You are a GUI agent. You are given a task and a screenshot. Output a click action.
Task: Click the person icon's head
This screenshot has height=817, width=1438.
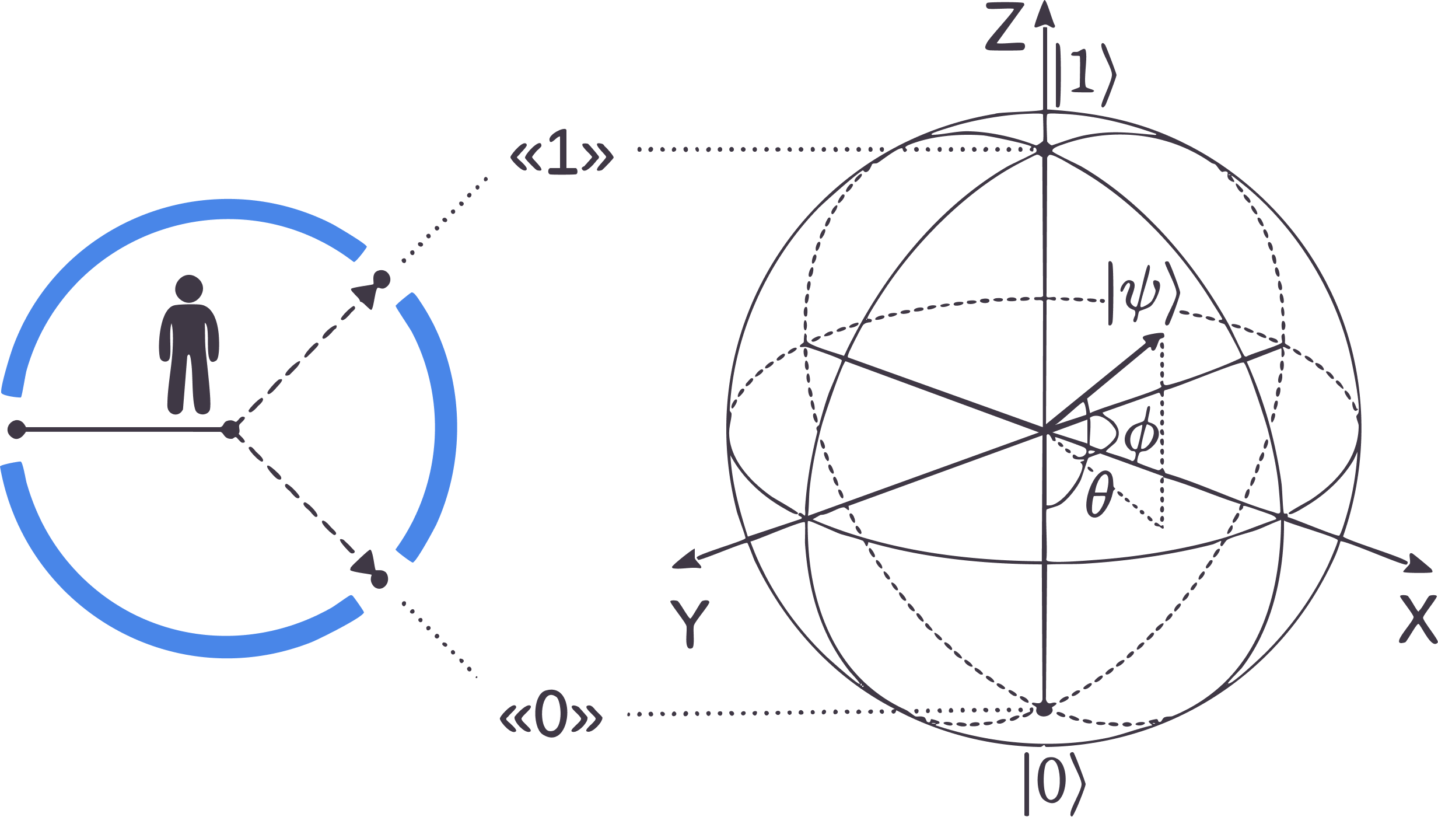click(189, 288)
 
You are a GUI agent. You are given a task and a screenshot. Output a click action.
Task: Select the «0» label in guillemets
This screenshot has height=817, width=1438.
click(551, 715)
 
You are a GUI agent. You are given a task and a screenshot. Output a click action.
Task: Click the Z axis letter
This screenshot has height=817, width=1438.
click(1005, 28)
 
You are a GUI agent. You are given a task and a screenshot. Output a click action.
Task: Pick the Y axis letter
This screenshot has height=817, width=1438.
click(690, 623)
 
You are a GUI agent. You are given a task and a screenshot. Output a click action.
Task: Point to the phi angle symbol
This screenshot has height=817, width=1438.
click(1141, 435)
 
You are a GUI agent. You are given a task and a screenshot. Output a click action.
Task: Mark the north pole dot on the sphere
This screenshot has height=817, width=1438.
click(1044, 149)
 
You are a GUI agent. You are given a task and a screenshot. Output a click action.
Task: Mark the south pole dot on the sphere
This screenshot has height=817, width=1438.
click(1044, 710)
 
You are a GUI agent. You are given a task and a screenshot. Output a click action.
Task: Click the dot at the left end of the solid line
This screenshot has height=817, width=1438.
click(16, 430)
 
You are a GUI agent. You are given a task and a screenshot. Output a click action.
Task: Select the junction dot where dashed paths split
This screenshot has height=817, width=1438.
click(231, 430)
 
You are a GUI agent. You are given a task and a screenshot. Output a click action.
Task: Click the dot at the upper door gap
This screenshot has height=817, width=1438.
click(382, 280)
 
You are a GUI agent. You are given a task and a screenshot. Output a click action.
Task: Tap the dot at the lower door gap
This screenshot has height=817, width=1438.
click(379, 579)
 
